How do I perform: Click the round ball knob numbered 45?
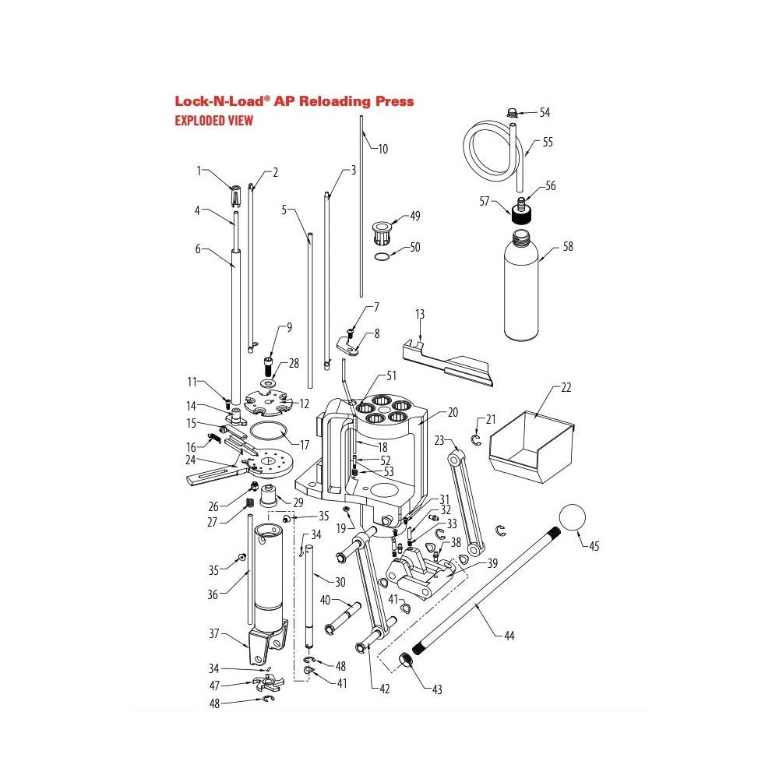click(x=573, y=517)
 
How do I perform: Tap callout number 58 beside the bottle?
click(x=567, y=247)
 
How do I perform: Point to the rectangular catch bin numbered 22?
click(x=530, y=444)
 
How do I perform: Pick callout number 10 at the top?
click(x=382, y=149)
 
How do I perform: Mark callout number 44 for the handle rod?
click(x=509, y=636)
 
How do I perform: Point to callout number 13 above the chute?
click(x=420, y=314)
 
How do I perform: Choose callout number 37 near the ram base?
click(x=215, y=633)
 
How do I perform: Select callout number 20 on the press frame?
click(x=453, y=413)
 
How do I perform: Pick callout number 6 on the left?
click(x=198, y=249)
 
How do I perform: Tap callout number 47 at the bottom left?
click(x=215, y=686)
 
